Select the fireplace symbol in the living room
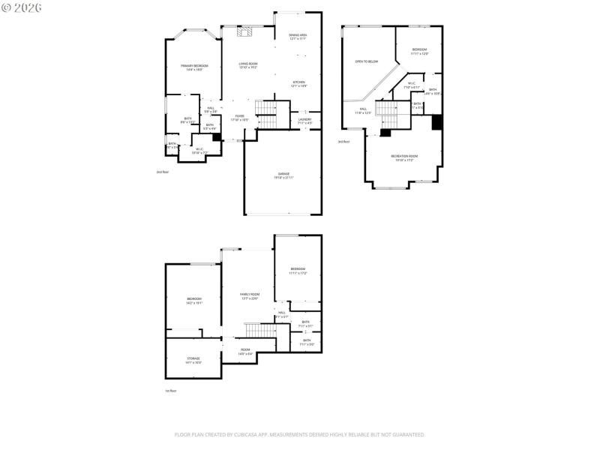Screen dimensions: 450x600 click(243, 31)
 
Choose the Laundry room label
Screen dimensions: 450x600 click(304, 121)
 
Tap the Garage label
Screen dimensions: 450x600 click(283, 175)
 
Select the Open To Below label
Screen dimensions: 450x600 click(367, 61)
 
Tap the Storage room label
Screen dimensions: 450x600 click(193, 360)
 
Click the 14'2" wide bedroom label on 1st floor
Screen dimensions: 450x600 click(194, 301)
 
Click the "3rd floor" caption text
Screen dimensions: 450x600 click(343, 142)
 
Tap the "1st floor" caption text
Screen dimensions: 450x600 click(171, 391)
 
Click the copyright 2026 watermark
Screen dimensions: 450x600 click(22, 7)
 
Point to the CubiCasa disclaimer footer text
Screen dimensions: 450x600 click(300, 434)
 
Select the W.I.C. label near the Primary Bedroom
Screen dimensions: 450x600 click(199, 151)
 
